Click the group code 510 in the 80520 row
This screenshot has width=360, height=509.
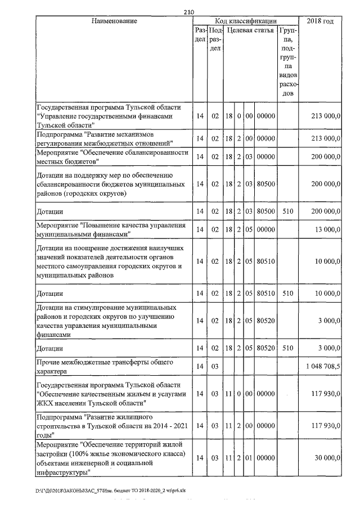(x=287, y=349)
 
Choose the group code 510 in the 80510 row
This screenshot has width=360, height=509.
(x=287, y=294)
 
